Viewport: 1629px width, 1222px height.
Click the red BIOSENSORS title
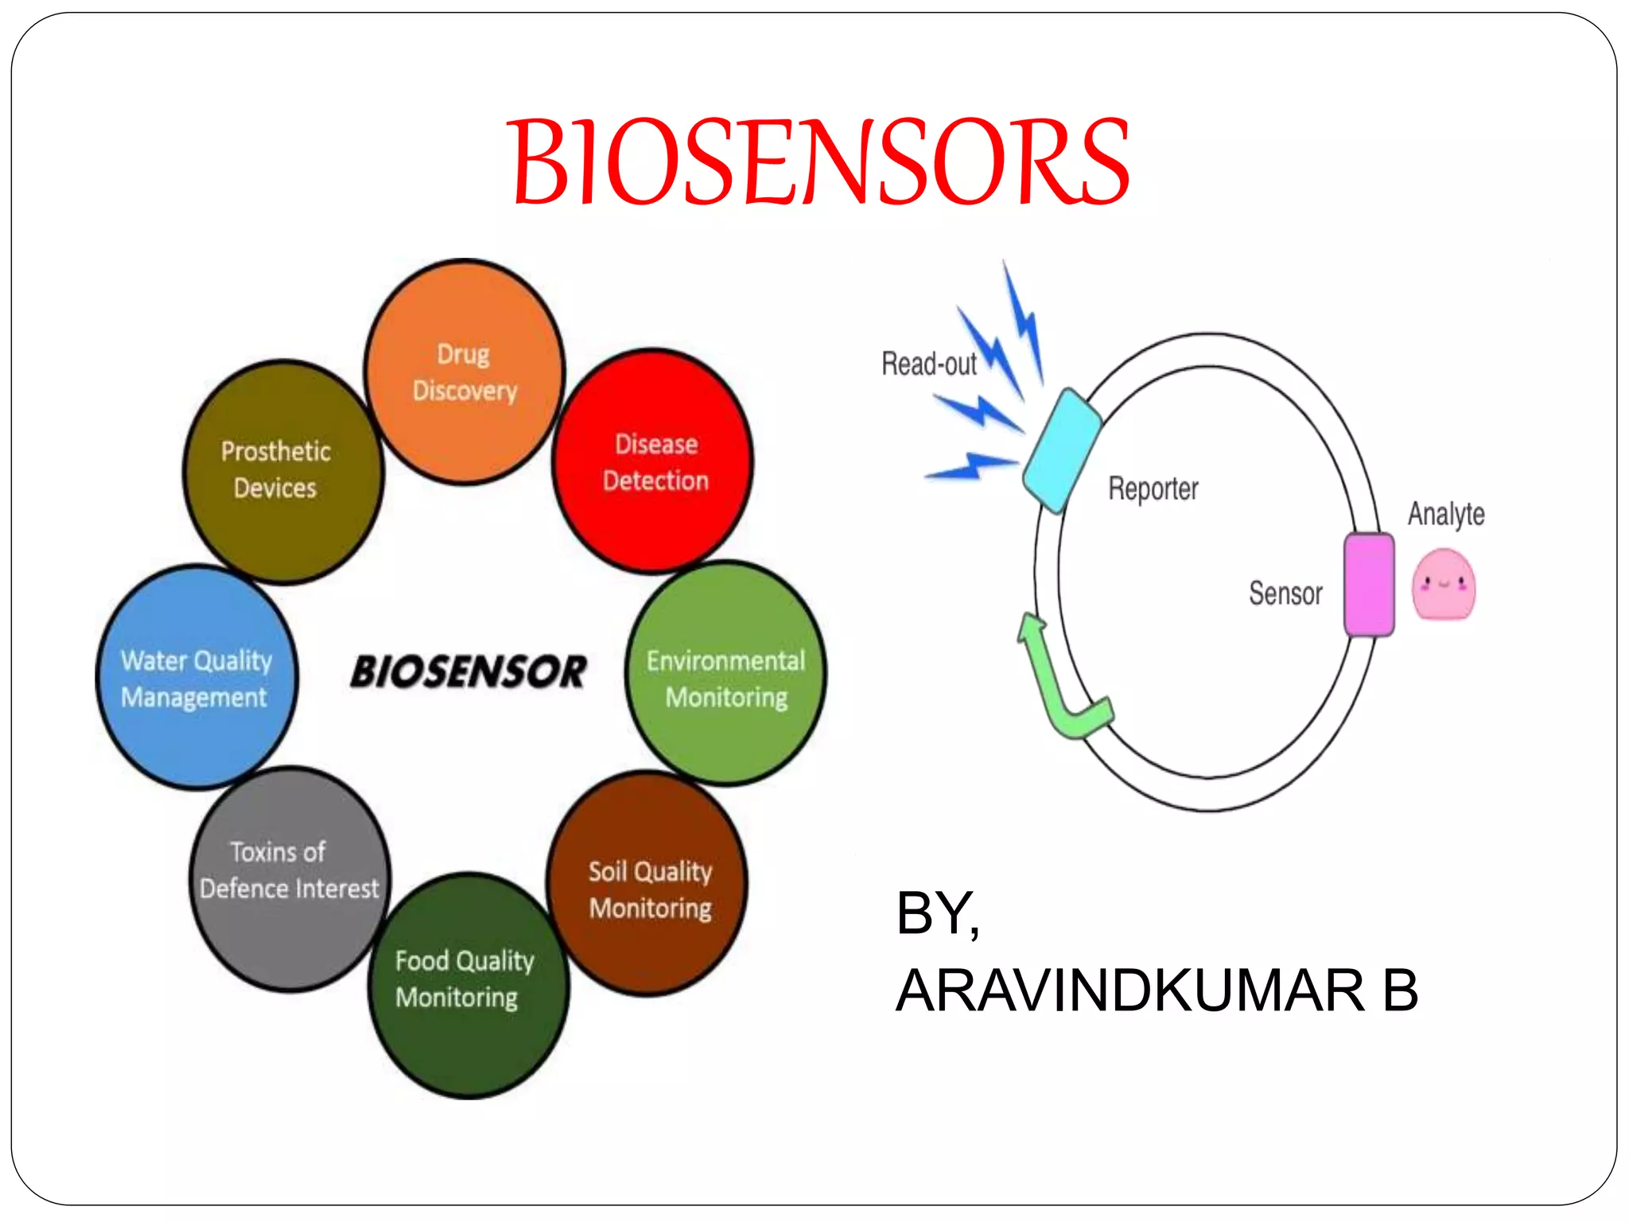[x=819, y=162]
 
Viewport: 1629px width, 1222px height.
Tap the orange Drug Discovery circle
[x=465, y=372]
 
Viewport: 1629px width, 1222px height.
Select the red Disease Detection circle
[x=653, y=461]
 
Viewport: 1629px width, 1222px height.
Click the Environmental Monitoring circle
[x=725, y=675]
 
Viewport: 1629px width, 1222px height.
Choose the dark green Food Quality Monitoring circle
[x=468, y=987]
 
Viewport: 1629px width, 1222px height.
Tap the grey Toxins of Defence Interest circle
[x=290, y=879]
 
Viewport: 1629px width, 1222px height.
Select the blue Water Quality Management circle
[x=196, y=678]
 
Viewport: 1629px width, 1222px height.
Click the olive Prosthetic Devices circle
[x=282, y=471]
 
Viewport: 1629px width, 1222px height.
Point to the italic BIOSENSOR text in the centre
[x=468, y=672]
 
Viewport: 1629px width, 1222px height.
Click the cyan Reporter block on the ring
[x=1061, y=450]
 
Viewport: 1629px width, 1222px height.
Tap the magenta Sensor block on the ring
[x=1369, y=585]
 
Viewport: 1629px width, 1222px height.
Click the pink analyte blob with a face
[x=1444, y=585]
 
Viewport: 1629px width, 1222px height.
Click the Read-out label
[x=928, y=364]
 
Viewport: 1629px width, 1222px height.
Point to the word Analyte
[x=1445, y=514]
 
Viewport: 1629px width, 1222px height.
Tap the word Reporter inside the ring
[x=1153, y=488]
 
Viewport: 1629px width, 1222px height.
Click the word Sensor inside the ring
[x=1285, y=593]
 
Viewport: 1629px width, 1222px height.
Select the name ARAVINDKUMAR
[x=1129, y=991]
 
